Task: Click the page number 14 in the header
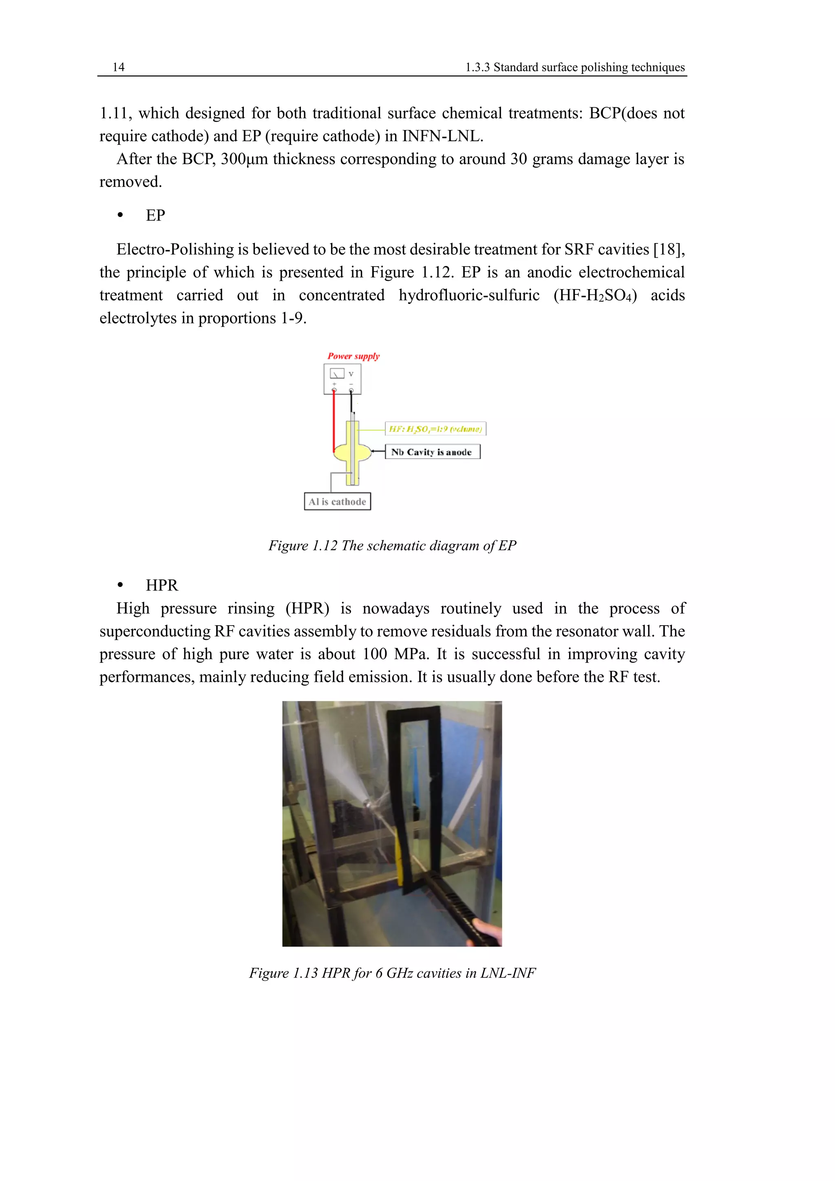[x=118, y=67]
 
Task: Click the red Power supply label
[x=353, y=356]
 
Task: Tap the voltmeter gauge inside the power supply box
[x=337, y=374]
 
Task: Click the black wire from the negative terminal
[x=351, y=401]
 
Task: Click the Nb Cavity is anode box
[x=432, y=451]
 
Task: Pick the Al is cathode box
[x=337, y=501]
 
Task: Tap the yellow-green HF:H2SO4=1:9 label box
[x=435, y=429]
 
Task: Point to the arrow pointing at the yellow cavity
[x=378, y=451]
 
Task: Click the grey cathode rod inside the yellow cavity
[x=353, y=453]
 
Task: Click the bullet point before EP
[x=120, y=215]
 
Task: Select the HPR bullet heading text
[x=161, y=585]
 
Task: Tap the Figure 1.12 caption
[x=392, y=545]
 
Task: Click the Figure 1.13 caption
[x=392, y=973]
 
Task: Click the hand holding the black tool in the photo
[x=486, y=931]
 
